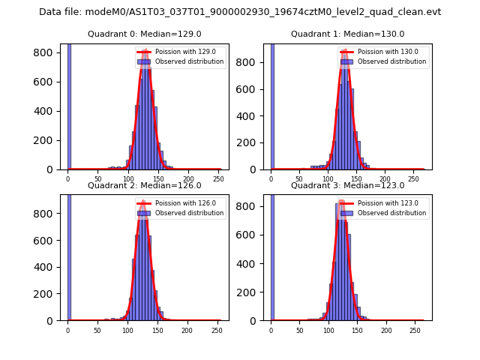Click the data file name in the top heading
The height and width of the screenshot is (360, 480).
tap(240, 12)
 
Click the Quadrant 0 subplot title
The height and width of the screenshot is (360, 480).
tap(144, 34)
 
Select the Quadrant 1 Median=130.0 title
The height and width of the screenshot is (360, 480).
tap(347, 34)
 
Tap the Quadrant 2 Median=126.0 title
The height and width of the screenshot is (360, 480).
tap(144, 185)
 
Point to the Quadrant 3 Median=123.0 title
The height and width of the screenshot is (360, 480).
tap(347, 185)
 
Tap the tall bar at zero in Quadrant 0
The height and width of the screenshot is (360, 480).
tap(69, 105)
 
